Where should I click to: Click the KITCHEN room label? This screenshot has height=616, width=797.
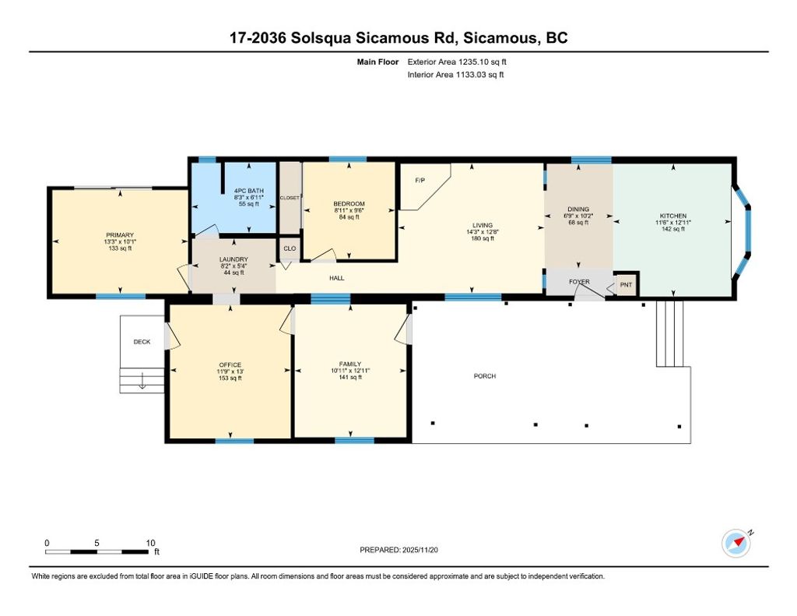[672, 216]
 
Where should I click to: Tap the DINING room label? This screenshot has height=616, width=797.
[578, 209]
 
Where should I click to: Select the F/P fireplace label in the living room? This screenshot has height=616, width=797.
[420, 181]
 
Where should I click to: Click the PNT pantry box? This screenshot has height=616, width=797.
[626, 285]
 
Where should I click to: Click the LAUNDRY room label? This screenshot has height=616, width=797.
[233, 259]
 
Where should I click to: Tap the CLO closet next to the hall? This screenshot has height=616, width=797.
[290, 249]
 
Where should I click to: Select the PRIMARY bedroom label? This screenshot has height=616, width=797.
[121, 235]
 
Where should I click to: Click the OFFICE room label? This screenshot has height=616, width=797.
[230, 364]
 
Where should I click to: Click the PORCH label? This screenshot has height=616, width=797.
[485, 376]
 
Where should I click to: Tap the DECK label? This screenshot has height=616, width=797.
[142, 341]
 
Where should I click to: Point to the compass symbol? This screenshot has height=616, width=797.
[736, 543]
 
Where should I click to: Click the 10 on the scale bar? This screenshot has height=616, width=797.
[151, 543]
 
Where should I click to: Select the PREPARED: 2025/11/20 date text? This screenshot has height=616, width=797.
[405, 550]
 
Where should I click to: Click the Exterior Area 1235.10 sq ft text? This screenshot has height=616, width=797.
[457, 61]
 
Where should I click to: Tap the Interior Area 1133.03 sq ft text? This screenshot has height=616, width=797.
[455, 75]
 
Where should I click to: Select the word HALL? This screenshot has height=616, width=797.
[336, 278]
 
